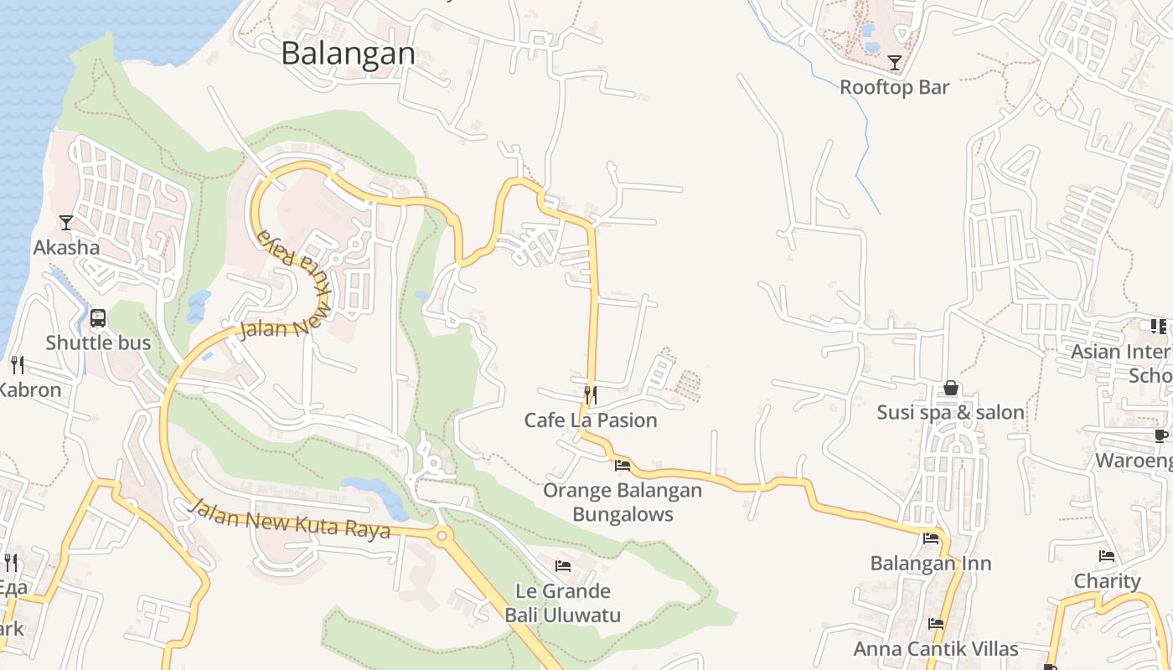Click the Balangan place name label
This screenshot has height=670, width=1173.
[348, 54]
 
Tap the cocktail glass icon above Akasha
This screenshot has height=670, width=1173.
[66, 223]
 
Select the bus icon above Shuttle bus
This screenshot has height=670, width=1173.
[98, 318]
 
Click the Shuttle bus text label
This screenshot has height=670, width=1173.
[98, 343]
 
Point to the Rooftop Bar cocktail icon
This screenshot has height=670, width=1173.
[895, 62]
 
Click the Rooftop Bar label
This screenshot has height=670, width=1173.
[895, 87]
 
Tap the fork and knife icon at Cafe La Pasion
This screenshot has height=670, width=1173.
[591, 394]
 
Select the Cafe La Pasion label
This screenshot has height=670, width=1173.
[591, 420]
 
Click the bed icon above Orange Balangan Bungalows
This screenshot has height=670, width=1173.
[622, 465]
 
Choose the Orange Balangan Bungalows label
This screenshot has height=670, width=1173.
[623, 502]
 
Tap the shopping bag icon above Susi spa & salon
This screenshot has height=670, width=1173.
[951, 388]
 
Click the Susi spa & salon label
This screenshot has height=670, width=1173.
[951, 412]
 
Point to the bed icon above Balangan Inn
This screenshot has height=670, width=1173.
[931, 539]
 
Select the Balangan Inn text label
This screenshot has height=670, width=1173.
[931, 564]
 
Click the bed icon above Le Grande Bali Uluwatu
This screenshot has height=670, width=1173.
[563, 566]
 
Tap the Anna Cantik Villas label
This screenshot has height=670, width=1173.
[936, 649]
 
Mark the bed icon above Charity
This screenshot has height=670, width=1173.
[1107, 556]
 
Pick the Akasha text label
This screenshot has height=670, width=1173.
[66, 248]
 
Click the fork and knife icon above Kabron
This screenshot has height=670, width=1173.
[17, 365]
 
